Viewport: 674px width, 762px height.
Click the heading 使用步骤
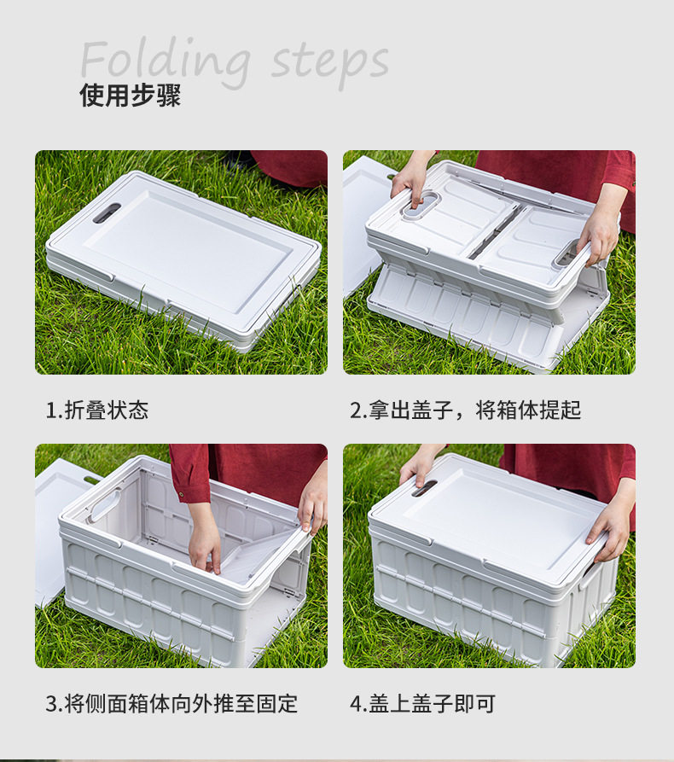click(130, 96)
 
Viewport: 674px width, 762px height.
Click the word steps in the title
click(331, 62)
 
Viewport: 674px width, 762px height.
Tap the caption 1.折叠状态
click(96, 410)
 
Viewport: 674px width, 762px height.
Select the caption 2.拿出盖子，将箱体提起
click(465, 410)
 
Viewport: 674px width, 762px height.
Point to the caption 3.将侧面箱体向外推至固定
click(171, 704)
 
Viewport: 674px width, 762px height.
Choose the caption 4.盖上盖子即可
click(422, 704)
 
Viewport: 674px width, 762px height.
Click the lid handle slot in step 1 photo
click(107, 212)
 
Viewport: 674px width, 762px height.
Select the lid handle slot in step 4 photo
click(424, 487)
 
